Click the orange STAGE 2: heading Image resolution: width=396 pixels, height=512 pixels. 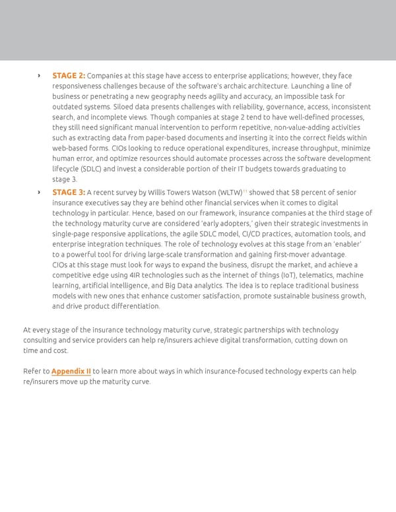(x=68, y=76)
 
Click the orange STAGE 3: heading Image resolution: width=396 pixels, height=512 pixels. (x=68, y=193)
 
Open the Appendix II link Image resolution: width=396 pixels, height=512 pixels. (x=71, y=371)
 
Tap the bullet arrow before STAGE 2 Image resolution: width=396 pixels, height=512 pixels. (x=39, y=76)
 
